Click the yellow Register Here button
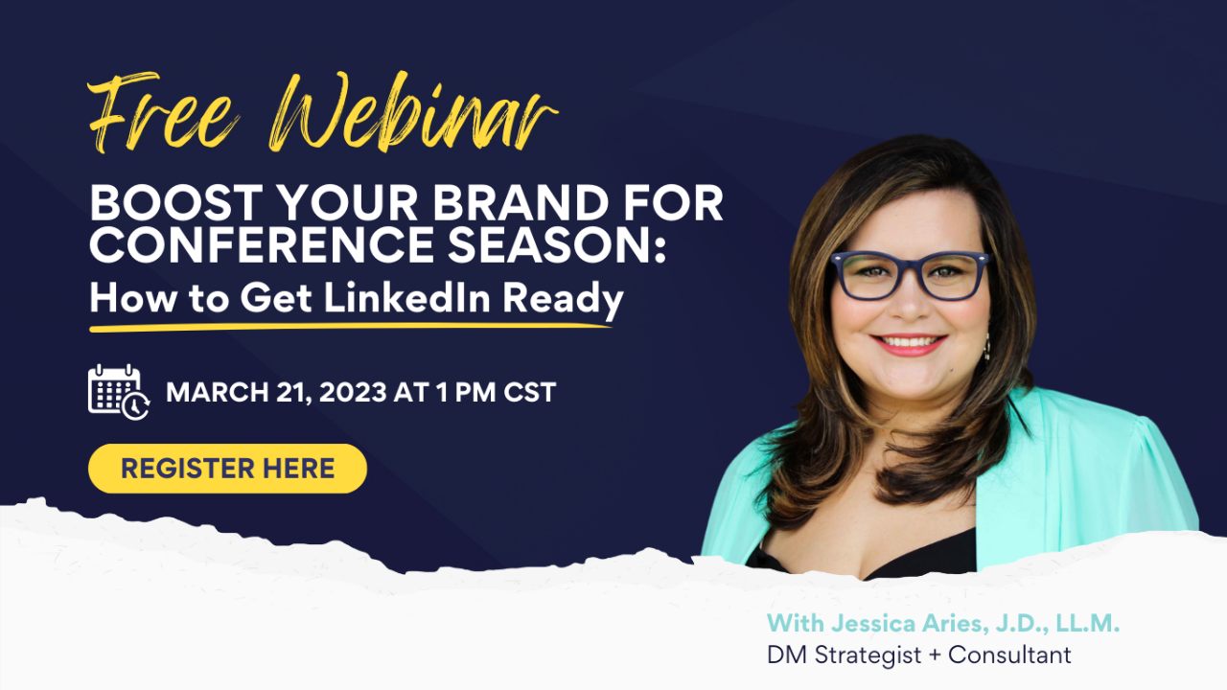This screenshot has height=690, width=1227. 227,469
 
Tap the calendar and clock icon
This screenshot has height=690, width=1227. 119,391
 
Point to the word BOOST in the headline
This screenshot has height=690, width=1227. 160,205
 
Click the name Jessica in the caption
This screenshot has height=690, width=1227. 863,623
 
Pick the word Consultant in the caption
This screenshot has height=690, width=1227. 1012,655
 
